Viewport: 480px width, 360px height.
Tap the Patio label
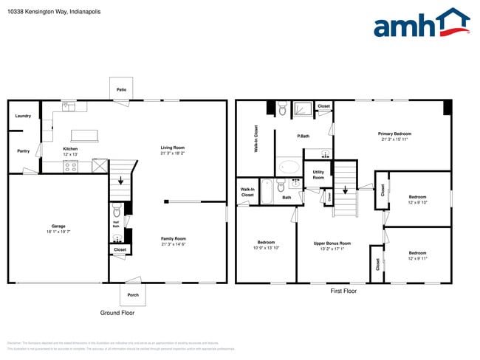coord(121,90)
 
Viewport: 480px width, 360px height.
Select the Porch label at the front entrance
coord(133,294)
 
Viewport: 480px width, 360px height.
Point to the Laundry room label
coord(23,116)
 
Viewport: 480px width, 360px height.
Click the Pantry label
coord(23,150)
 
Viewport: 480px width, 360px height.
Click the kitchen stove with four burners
coord(71,167)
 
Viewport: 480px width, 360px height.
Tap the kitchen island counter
coord(84,135)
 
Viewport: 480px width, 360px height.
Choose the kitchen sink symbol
coord(68,106)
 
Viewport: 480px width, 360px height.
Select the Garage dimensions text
coord(58,232)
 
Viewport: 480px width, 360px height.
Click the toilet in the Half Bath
coord(117,211)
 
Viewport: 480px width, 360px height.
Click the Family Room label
coord(174,238)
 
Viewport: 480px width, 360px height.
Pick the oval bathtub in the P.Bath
coord(288,167)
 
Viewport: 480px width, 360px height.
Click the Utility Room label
coord(318,175)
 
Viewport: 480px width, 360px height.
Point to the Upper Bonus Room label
coord(332,243)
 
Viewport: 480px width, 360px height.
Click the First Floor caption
coord(343,291)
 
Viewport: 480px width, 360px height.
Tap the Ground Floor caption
coord(117,313)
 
